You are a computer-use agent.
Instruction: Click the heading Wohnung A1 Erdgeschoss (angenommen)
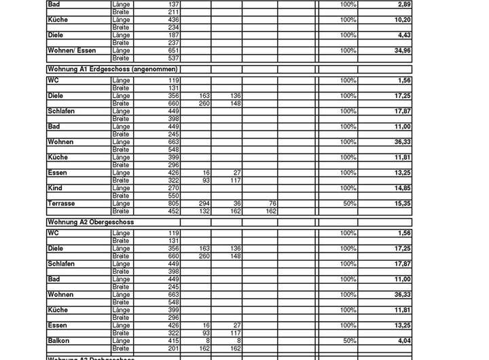click(x=112, y=69)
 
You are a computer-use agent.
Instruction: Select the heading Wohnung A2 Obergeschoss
click(x=90, y=222)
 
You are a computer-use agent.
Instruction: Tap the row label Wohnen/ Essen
click(x=71, y=50)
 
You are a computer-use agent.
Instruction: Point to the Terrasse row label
click(x=61, y=203)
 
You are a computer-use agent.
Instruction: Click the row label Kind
click(x=54, y=188)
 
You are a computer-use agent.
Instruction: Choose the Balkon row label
click(x=58, y=341)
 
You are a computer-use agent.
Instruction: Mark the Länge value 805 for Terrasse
click(x=173, y=203)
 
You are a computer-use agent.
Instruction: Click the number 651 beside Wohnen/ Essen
click(x=173, y=50)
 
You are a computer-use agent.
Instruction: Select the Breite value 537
click(x=173, y=58)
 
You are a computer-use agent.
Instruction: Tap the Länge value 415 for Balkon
click(x=173, y=341)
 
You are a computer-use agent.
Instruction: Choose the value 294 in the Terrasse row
click(x=204, y=203)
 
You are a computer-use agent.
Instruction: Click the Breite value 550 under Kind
click(x=173, y=196)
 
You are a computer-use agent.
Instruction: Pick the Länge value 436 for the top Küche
click(x=173, y=20)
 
